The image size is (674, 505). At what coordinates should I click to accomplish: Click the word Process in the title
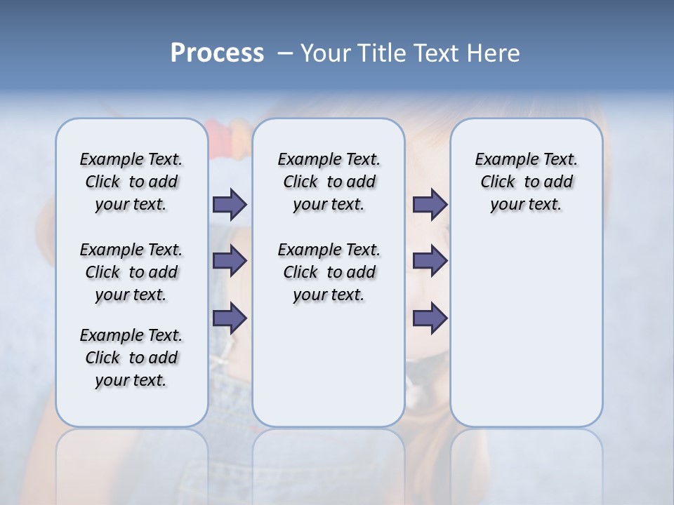point(217,53)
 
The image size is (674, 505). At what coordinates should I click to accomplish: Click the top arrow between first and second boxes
point(230,204)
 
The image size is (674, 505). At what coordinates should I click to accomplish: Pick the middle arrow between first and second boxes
point(230,261)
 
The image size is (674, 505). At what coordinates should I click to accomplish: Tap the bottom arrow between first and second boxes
point(230,318)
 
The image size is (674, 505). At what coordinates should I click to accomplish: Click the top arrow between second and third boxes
point(430,204)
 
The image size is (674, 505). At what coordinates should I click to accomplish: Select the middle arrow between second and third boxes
point(430,261)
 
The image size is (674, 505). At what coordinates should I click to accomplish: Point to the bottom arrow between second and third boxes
point(430,318)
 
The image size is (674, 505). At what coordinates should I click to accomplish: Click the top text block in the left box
point(131,182)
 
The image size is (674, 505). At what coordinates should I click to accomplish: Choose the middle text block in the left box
point(131,272)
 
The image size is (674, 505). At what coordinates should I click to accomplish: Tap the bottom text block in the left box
point(131,358)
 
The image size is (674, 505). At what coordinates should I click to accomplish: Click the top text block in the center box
point(329,182)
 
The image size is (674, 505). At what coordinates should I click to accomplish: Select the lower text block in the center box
point(329,272)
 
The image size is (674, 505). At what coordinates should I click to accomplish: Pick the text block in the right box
point(526,182)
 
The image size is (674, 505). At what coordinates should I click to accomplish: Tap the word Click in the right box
point(498,182)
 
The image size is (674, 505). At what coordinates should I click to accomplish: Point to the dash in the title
point(285,53)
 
